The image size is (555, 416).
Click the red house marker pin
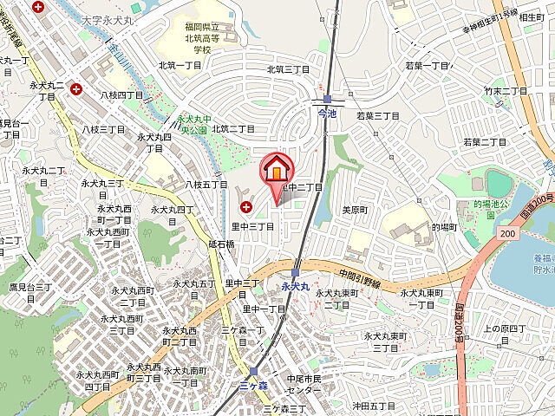(277, 169)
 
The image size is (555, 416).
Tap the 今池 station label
(327, 114)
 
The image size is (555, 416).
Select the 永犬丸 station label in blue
(296, 285)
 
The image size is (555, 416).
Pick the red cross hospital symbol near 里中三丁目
(246, 207)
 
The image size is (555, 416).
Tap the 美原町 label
(356, 211)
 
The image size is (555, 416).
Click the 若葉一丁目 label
(428, 66)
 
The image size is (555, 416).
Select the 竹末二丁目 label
(506, 90)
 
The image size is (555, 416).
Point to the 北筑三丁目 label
(288, 69)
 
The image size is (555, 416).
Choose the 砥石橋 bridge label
(222, 244)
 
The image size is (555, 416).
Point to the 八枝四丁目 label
(121, 94)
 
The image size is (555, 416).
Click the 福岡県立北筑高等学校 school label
(202, 37)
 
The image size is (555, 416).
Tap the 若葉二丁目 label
(484, 142)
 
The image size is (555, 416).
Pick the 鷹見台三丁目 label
(30, 291)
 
